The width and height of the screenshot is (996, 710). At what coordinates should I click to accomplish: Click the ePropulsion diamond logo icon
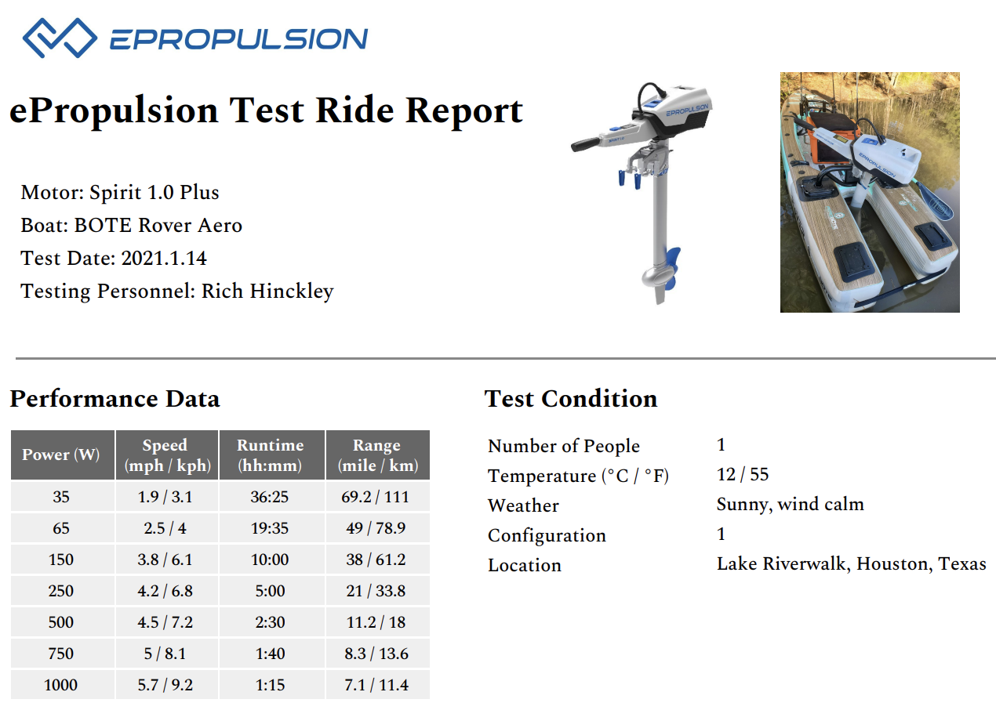point(60,37)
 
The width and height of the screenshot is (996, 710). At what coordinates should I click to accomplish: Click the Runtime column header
point(271,455)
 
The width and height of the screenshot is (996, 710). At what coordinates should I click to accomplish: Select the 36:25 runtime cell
point(271,497)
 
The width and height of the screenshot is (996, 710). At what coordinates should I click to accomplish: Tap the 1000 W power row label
point(61,685)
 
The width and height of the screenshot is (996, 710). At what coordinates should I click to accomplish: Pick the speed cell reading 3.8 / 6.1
point(165,560)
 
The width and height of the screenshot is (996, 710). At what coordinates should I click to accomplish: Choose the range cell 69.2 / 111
point(377,497)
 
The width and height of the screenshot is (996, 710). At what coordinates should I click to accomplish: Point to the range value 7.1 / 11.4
point(377,685)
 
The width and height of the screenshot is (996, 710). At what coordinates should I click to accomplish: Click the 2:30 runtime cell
point(271,622)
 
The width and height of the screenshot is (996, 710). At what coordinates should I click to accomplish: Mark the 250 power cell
point(61,591)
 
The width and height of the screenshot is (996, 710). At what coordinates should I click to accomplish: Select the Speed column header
point(165,455)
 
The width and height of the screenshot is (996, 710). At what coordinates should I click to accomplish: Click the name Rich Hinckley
point(267,291)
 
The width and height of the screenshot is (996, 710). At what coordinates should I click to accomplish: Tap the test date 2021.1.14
point(164,258)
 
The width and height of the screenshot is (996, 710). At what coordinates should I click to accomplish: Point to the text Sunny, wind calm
point(790,504)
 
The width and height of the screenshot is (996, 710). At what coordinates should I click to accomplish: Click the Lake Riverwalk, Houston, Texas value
point(851,563)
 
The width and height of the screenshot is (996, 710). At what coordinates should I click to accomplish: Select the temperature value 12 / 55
point(742,474)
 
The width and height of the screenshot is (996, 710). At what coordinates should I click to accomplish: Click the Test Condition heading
point(571,399)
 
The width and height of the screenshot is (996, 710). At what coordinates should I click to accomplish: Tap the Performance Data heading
point(115,399)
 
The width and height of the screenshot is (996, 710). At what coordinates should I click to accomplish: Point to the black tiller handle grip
point(587,144)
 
